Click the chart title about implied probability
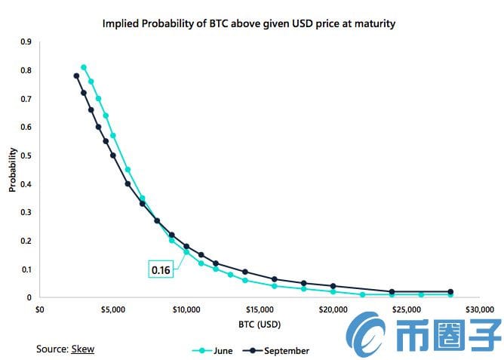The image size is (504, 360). coord(249,24)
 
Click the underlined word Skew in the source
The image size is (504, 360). coord(83,349)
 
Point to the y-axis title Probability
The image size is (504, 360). coord(13,171)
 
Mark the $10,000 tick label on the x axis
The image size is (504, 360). coord(186,309)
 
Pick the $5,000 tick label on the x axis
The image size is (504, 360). coord(113,309)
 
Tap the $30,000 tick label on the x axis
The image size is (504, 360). coord(478,309)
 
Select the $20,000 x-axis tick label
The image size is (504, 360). coord(332,309)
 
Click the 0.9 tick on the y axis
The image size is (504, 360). coord(26,42)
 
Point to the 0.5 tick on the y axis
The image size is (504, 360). coord(26,155)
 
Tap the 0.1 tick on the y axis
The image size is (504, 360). coord(26,269)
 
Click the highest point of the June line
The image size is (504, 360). coord(84,67)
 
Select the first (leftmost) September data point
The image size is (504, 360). coord(76,75)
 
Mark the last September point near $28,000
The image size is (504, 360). coord(450,291)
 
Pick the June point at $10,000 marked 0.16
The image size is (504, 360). coord(186,252)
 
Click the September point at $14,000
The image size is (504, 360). coord(245,272)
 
